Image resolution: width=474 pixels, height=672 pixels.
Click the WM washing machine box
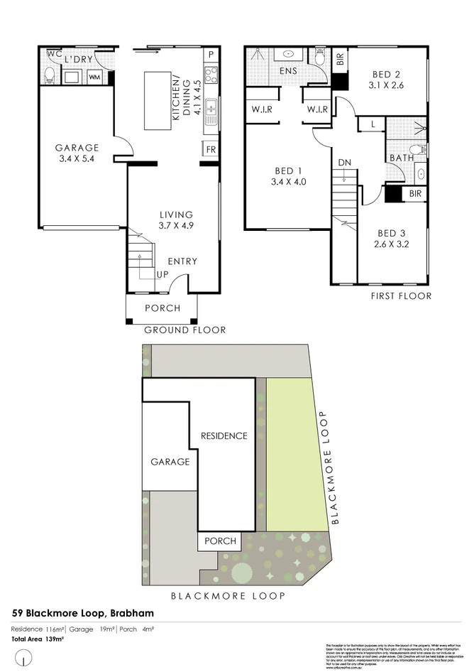[94, 77]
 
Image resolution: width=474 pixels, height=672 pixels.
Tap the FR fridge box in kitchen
[211, 149]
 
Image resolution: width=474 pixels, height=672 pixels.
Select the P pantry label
[211, 55]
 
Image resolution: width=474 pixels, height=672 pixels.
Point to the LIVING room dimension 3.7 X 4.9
[177, 227]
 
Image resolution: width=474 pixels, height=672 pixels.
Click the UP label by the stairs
[162, 273]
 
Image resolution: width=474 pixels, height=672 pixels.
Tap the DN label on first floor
[345, 163]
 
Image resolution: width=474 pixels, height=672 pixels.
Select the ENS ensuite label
[288, 71]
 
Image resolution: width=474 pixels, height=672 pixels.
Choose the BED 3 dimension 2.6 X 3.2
[392, 244]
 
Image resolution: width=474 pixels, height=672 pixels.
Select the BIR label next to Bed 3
[415, 194]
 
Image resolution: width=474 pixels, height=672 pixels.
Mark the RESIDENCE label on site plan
[224, 435]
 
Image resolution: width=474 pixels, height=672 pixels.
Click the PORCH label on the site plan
[220, 541]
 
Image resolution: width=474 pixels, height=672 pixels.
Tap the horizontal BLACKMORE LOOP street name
[228, 596]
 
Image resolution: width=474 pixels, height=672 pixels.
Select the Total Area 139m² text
[38, 640]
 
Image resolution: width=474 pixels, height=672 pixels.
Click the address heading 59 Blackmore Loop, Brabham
[83, 613]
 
